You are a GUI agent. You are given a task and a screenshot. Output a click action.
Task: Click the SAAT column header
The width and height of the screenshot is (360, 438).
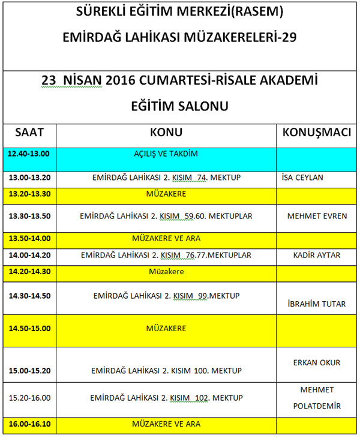(x=29, y=133)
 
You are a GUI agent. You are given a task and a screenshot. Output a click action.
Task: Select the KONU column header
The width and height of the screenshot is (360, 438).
(x=166, y=133)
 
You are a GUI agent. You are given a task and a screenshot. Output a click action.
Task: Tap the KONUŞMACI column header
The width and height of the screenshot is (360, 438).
(x=317, y=133)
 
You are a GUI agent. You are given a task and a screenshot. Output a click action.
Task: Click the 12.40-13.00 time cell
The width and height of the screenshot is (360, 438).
(x=29, y=154)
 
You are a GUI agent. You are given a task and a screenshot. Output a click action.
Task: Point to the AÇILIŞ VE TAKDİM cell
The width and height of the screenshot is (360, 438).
(x=166, y=154)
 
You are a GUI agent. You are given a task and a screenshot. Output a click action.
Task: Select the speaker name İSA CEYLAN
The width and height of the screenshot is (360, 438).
(x=302, y=178)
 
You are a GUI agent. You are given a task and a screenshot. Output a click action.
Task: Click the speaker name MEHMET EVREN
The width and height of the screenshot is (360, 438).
(x=317, y=216)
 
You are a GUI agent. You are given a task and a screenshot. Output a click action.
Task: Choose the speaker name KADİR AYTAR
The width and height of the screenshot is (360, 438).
(x=317, y=255)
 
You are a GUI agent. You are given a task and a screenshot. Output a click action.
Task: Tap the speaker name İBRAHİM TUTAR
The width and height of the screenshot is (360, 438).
(x=317, y=304)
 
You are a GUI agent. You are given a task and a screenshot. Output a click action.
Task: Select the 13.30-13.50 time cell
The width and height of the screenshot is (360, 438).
(x=29, y=216)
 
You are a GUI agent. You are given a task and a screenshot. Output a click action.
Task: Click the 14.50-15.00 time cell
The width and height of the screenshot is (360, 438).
(x=29, y=328)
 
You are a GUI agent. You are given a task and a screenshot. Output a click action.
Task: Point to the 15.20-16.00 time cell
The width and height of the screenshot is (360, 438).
(x=29, y=398)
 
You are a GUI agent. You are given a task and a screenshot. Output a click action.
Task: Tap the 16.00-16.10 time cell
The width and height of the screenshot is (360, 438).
(x=29, y=424)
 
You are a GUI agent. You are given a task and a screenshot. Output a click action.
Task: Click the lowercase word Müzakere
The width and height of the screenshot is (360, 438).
(x=166, y=272)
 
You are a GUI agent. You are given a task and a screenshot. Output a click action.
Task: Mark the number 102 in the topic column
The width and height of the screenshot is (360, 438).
(x=206, y=398)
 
